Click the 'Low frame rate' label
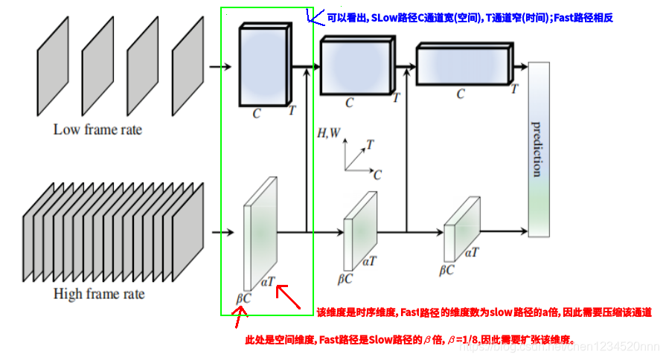[x=97, y=129]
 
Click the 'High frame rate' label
[x=99, y=294]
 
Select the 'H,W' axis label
[x=329, y=133]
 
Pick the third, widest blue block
[x=461, y=65]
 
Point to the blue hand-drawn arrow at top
[x=313, y=16]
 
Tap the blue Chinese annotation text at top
[x=469, y=16]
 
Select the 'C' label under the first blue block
[x=257, y=114]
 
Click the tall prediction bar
[x=539, y=149]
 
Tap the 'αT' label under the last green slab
[x=472, y=253]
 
